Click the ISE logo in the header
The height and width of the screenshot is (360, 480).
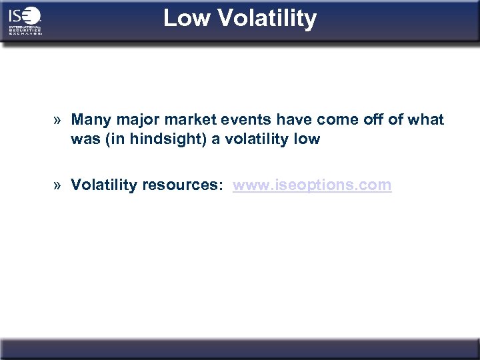tap(25, 21)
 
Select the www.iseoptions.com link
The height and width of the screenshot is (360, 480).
tap(312, 185)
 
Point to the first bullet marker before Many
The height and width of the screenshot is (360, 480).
tap(59, 120)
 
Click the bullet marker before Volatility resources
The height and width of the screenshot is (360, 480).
tap(59, 185)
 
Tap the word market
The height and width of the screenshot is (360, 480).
tap(182, 120)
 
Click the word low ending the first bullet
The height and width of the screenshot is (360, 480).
tap(308, 139)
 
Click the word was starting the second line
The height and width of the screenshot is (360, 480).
tap(83, 139)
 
